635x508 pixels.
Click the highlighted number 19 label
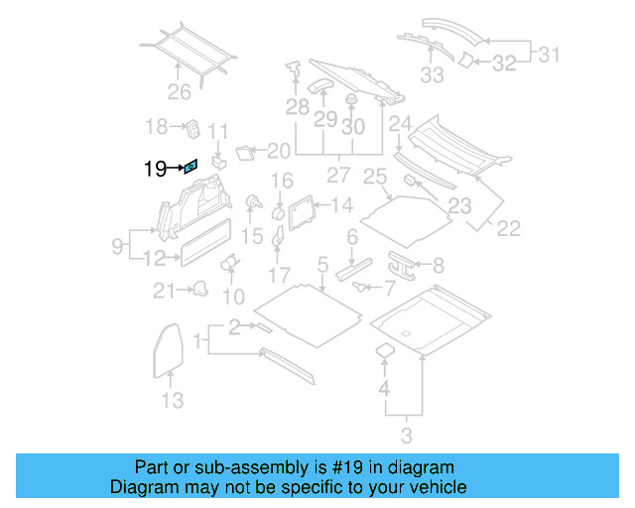[x=154, y=170]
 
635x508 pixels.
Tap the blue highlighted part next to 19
[x=191, y=168]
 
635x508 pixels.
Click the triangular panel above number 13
[x=171, y=342]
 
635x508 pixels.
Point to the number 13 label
[x=173, y=400]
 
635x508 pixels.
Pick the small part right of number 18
[x=192, y=129]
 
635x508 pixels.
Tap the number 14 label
[x=341, y=205]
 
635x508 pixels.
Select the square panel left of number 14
[x=301, y=208]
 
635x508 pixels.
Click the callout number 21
[x=163, y=290]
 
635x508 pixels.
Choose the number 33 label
[x=432, y=73]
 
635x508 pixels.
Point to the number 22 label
[x=507, y=228]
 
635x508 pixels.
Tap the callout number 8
[x=438, y=265]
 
